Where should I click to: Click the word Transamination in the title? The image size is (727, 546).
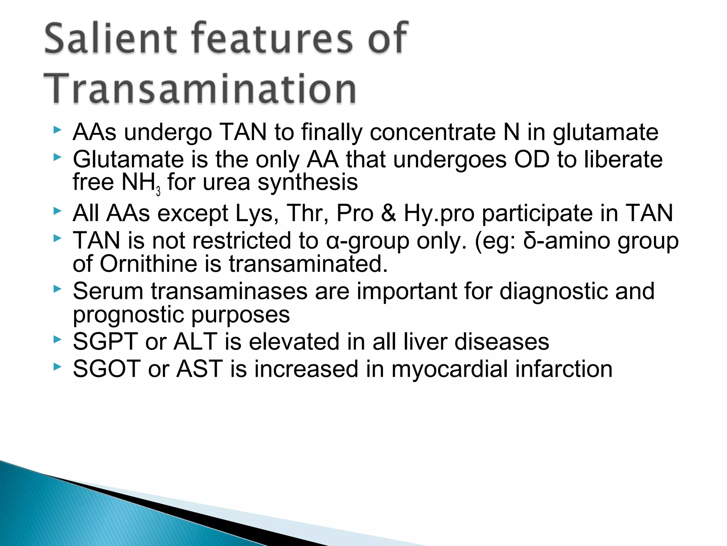coord(200,89)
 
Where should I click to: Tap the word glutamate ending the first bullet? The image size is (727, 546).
coord(605,133)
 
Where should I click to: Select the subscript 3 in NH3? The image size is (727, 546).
coord(158,192)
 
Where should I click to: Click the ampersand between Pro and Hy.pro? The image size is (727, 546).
coord(389,213)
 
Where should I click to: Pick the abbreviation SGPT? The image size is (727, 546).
coord(105,342)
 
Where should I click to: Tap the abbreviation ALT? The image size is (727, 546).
coord(196,342)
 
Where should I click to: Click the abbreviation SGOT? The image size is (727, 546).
coord(106,369)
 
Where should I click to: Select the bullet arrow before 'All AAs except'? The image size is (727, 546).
coord(57,211)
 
